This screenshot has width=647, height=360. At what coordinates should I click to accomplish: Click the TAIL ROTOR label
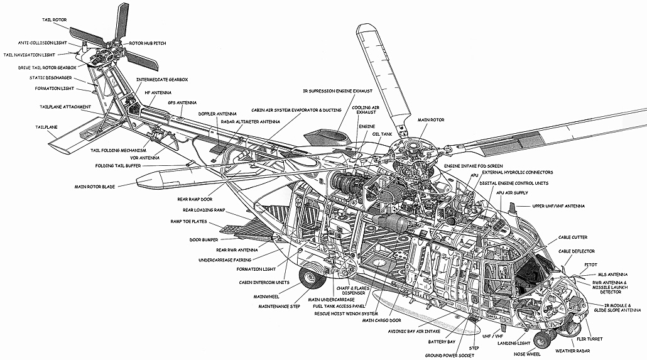[54, 20]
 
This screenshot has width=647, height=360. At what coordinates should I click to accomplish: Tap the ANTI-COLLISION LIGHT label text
[42, 43]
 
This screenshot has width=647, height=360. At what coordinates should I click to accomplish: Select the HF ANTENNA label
[158, 93]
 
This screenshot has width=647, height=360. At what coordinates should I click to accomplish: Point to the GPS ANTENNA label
[182, 103]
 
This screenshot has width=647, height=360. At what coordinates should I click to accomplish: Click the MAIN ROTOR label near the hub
[431, 120]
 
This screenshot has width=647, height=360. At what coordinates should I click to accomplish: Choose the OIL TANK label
[382, 134]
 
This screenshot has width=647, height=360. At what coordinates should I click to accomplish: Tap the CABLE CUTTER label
[573, 237]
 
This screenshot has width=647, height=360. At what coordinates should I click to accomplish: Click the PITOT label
[590, 265]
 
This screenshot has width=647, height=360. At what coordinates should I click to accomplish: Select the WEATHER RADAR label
[572, 351]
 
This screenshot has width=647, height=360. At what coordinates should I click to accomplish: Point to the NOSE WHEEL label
[527, 354]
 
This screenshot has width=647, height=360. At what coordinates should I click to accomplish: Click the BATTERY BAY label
[442, 342]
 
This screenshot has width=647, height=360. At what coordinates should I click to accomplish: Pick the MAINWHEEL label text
[266, 297]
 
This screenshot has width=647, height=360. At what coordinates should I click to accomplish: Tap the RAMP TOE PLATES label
[188, 222]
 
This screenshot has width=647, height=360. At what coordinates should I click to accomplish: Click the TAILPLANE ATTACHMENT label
[65, 107]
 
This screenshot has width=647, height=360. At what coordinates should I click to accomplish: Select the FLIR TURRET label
[589, 339]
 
